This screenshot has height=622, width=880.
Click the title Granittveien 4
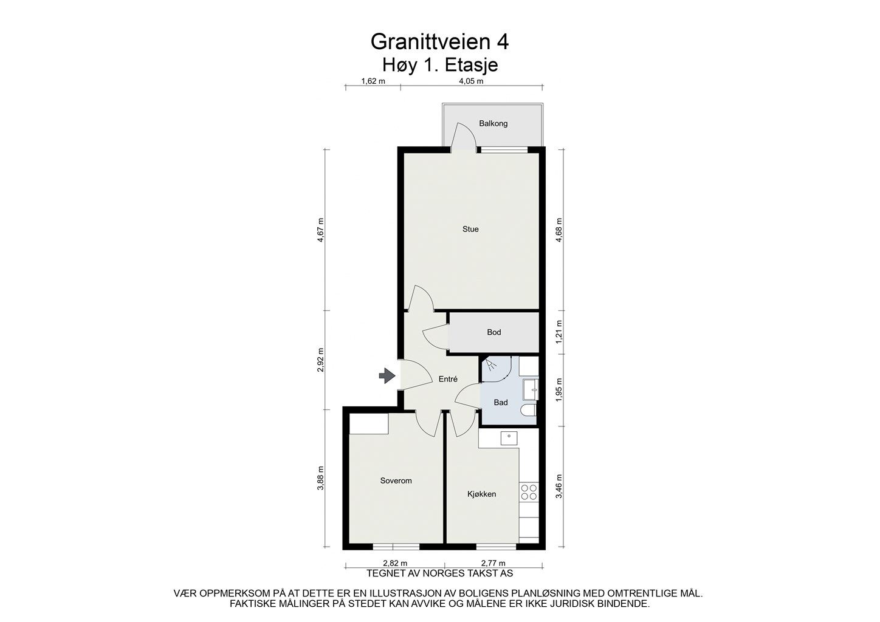click(439, 41)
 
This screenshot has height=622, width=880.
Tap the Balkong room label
click(493, 123)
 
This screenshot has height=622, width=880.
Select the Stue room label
click(470, 229)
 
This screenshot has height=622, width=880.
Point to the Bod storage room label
click(494, 332)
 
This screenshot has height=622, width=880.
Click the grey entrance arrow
click(386, 376)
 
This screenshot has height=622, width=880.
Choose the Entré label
click(448, 379)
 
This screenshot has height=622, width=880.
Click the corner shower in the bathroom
click(493, 369)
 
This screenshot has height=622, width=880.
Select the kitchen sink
click(508, 437)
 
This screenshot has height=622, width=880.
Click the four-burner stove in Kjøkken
click(529, 491)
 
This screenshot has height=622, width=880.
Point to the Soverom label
click(396, 480)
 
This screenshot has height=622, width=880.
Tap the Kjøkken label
click(482, 494)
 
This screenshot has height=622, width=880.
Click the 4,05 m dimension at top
click(471, 81)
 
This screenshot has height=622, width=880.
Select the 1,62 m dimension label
click(373, 81)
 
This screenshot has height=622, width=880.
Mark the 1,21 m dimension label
click(559, 332)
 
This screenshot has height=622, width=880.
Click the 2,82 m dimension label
click(394, 563)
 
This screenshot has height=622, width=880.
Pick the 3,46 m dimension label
click(559, 487)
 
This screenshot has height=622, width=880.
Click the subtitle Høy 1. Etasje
click(439, 64)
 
